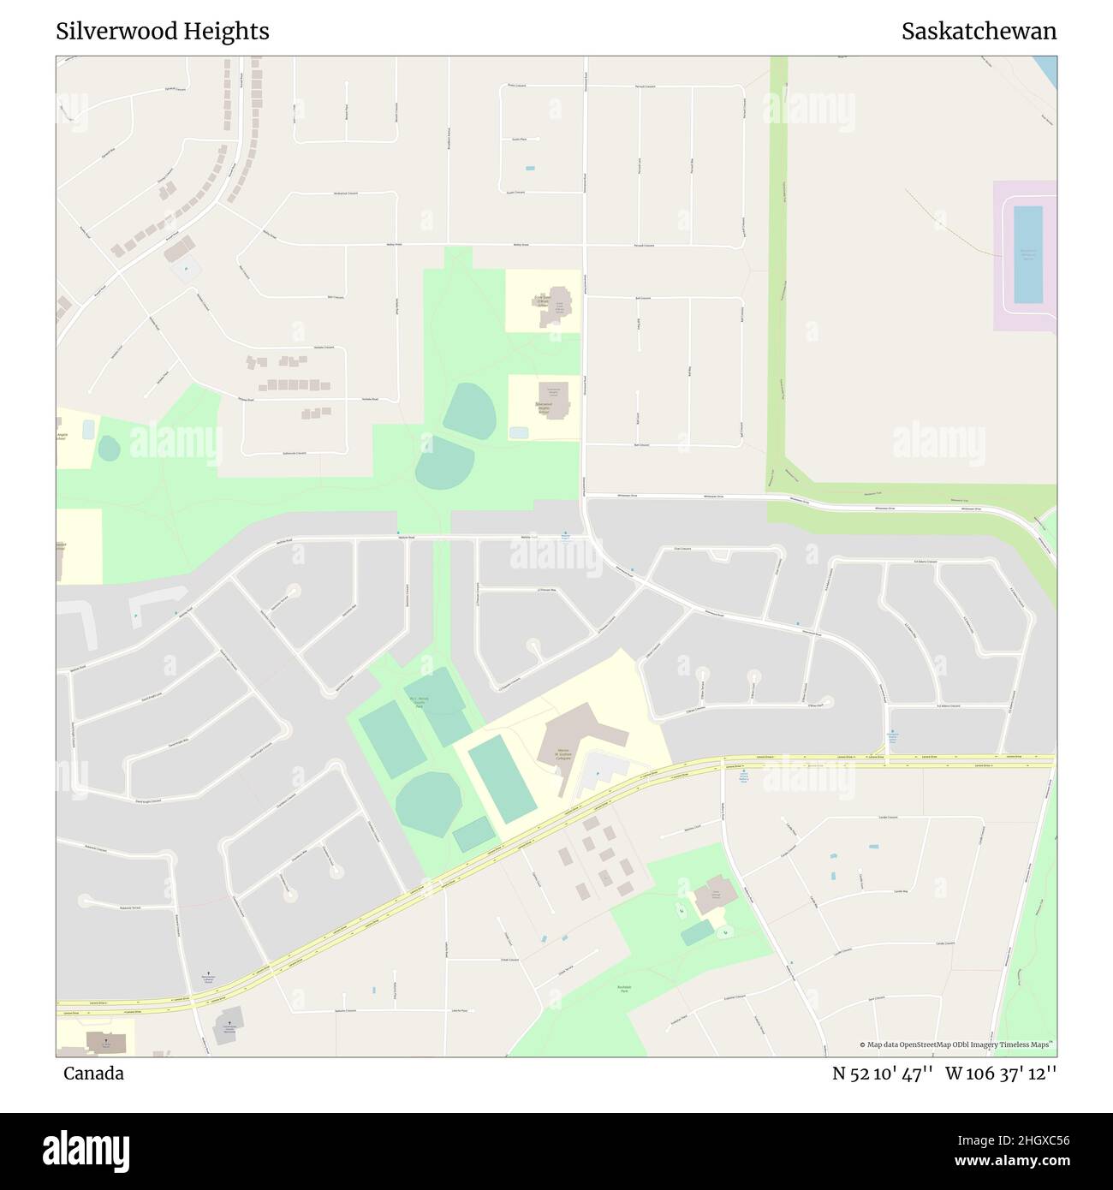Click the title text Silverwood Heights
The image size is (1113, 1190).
[x=163, y=32]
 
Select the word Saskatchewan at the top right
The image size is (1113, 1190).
[x=979, y=32]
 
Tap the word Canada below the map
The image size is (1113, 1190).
[x=93, y=1074]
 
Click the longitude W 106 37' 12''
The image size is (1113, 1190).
[x=1001, y=1074]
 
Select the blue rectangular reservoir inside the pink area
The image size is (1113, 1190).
[x=1027, y=254]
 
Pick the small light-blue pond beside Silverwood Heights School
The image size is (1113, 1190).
[x=519, y=433]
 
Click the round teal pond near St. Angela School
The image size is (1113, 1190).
[x=109, y=448]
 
